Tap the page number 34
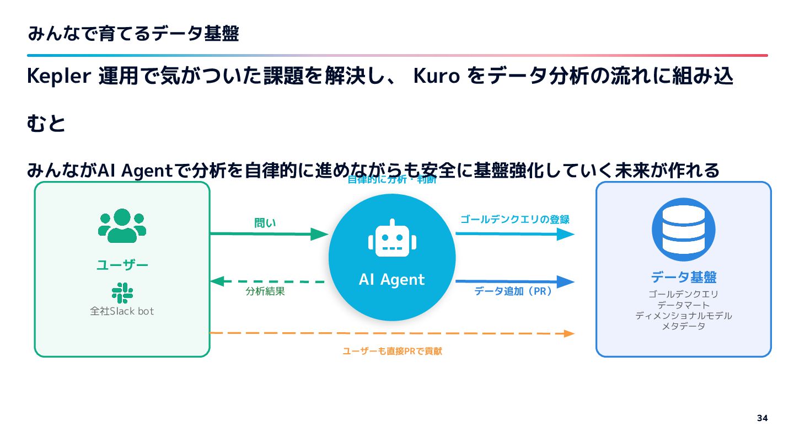click(762, 418)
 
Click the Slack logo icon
click(122, 292)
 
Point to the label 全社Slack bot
click(122, 311)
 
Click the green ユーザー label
click(122, 265)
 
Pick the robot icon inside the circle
click(392, 239)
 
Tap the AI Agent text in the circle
click(391, 280)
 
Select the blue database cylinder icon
click(683, 230)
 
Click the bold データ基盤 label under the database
click(683, 277)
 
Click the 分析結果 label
click(265, 292)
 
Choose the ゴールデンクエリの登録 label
click(514, 220)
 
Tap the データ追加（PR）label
click(513, 291)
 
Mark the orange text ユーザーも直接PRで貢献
click(392, 352)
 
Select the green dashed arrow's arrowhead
click(217, 281)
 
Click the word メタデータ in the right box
click(683, 326)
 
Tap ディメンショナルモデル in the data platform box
click(683, 316)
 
